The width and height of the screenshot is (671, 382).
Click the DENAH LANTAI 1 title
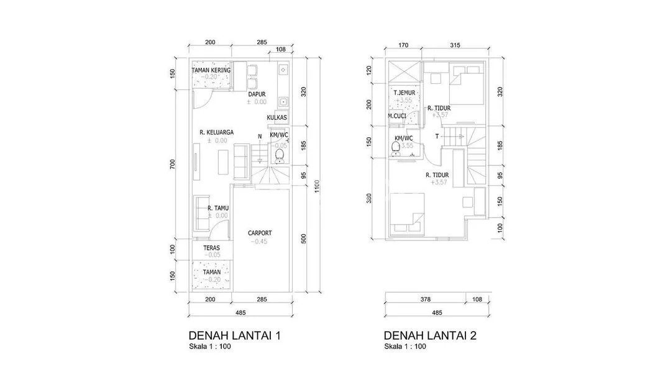coord(234,335)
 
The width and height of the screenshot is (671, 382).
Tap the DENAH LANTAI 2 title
coord(430,335)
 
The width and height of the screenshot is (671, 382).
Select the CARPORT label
coord(260,233)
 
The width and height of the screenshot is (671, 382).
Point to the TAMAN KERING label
coord(211,70)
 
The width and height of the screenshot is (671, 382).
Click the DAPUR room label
coord(257,94)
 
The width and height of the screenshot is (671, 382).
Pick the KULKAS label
coord(277,117)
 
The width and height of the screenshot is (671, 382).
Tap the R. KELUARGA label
coord(217,132)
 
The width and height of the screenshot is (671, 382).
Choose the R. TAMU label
coord(218,208)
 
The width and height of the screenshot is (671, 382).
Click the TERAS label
coord(211,248)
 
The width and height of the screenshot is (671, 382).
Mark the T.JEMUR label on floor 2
coord(404,93)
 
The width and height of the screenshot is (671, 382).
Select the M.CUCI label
coord(397,116)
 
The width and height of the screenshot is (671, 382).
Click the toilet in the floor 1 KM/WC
coord(280,156)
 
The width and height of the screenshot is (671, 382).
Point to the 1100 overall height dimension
coord(317,186)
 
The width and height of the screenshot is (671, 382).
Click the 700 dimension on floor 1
coord(173,164)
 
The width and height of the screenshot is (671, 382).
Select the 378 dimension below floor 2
coord(426,299)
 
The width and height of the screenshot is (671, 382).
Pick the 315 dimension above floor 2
coord(455,45)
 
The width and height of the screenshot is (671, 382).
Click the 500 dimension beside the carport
coord(304,239)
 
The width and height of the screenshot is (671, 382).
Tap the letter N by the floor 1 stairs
coord(260,137)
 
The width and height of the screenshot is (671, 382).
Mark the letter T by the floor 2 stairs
coord(437,137)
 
